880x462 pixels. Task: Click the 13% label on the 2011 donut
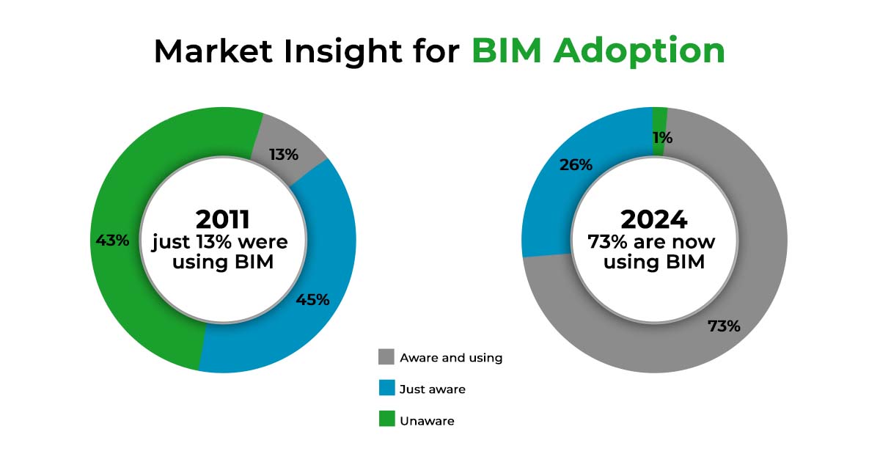pos(283,155)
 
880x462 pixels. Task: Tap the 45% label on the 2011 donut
pos(312,299)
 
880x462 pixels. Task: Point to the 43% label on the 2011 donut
pos(112,240)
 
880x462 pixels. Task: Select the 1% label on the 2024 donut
pos(662,138)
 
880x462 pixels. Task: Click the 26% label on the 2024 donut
pos(576,165)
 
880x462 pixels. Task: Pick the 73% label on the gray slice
pos(724,326)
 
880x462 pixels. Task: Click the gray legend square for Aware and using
pos(386,357)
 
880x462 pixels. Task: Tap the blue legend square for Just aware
pos(386,389)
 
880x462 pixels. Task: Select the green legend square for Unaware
pos(386,420)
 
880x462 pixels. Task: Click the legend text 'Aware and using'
pos(451,358)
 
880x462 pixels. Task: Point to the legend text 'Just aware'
pos(433,389)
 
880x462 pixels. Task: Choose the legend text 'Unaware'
pos(427,421)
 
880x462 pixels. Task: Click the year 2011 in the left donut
pos(222,219)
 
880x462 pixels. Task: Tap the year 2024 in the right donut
pos(653,219)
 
